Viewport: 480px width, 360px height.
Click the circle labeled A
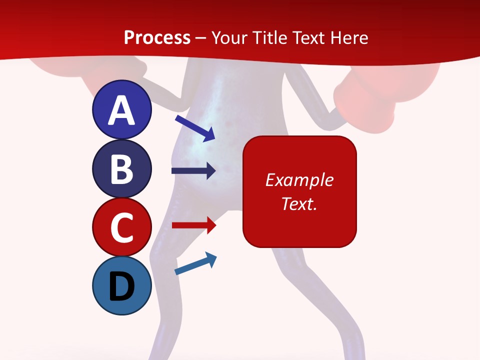click(122, 109)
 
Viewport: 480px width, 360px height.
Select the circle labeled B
click(122, 168)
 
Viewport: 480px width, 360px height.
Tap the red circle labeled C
click(122, 227)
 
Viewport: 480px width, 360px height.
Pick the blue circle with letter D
click(122, 285)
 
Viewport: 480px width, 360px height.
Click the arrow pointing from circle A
click(195, 127)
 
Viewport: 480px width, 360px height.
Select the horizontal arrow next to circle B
click(193, 171)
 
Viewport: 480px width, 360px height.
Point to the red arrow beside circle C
click(193, 225)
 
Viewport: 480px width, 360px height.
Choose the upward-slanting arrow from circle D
click(195, 264)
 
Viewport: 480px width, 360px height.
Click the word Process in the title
click(157, 37)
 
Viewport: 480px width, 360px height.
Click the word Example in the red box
click(299, 180)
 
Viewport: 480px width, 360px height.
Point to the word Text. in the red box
click(299, 203)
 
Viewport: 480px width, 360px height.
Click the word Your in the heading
click(229, 37)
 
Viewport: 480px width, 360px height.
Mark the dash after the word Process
click(201, 38)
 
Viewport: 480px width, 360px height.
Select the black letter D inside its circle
click(122, 287)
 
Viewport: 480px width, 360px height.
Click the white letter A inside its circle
click(122, 110)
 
